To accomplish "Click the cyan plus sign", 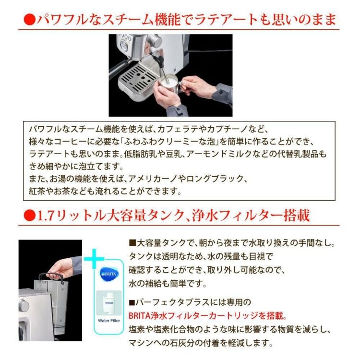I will [95, 260].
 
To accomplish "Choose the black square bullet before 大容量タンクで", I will [133, 243].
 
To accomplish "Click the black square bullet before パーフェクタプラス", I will [133, 303].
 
